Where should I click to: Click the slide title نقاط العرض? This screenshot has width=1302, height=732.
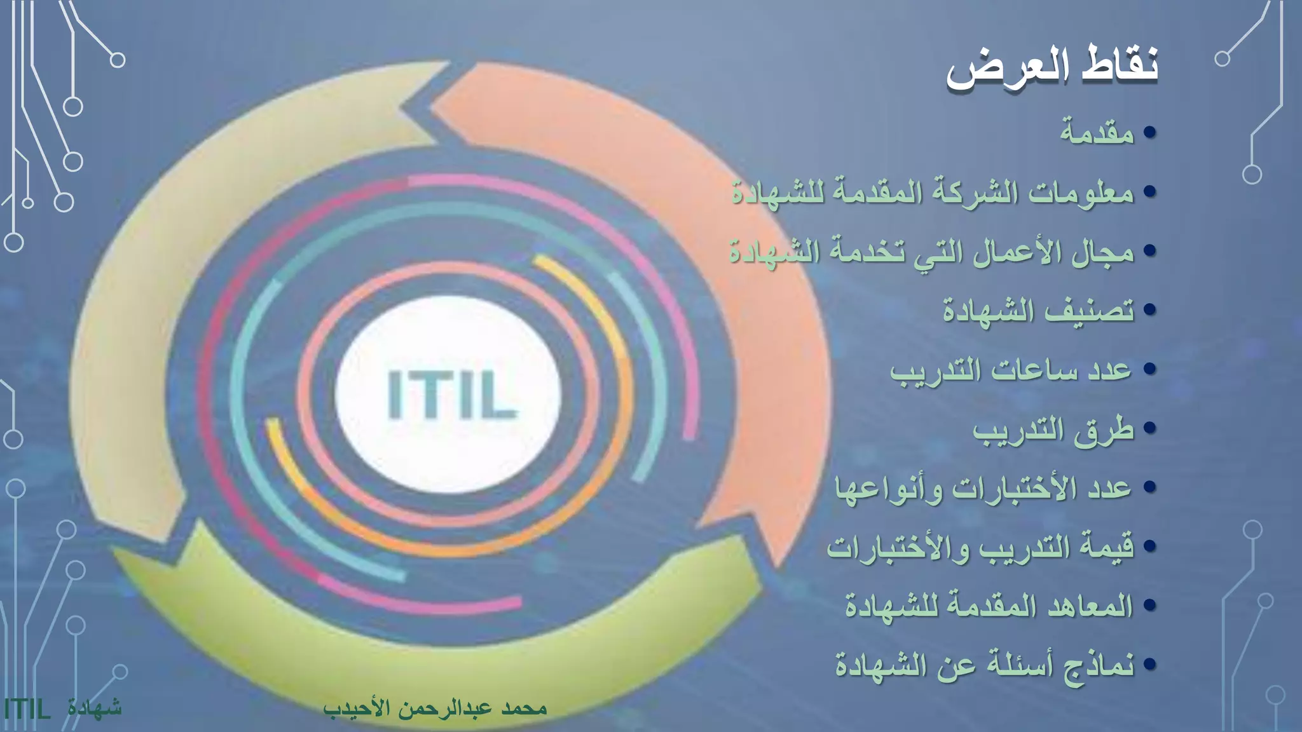1052,67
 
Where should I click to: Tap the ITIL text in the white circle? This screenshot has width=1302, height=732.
452,395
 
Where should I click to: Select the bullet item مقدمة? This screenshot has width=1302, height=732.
1097,133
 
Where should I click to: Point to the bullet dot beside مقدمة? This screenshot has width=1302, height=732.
1149,133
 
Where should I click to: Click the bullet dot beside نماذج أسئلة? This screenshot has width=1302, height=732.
1149,665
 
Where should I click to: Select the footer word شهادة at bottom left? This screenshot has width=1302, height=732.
95,707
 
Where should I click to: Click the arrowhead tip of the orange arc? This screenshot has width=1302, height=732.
777,562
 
